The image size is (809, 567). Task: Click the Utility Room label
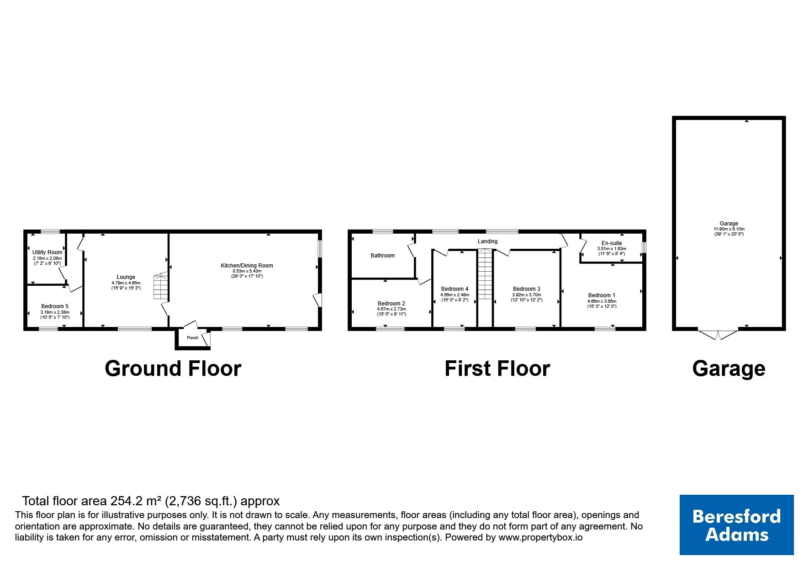pyautogui.click(x=48, y=252)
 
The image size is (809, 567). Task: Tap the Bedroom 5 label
pyautogui.click(x=55, y=306)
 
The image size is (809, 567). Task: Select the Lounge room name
pyautogui.click(x=126, y=277)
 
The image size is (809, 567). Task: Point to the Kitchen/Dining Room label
pyautogui.click(x=247, y=266)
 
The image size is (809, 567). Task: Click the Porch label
pyautogui.click(x=193, y=338)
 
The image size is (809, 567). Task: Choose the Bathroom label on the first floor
pyautogui.click(x=383, y=256)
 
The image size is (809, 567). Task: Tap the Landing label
pyautogui.click(x=488, y=241)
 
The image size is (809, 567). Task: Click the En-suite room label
pyautogui.click(x=612, y=243)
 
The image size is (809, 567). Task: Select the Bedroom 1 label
pyautogui.click(x=602, y=295)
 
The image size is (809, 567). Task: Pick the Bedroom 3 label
pyautogui.click(x=527, y=289)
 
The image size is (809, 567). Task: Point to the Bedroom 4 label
pyautogui.click(x=455, y=289)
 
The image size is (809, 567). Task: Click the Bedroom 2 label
pyautogui.click(x=391, y=304)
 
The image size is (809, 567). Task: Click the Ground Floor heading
pyautogui.click(x=173, y=369)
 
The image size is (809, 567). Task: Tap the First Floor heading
pyautogui.click(x=497, y=369)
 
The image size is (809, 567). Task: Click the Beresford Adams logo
pyautogui.click(x=737, y=525)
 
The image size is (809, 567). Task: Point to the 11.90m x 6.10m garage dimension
pyautogui.click(x=729, y=229)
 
